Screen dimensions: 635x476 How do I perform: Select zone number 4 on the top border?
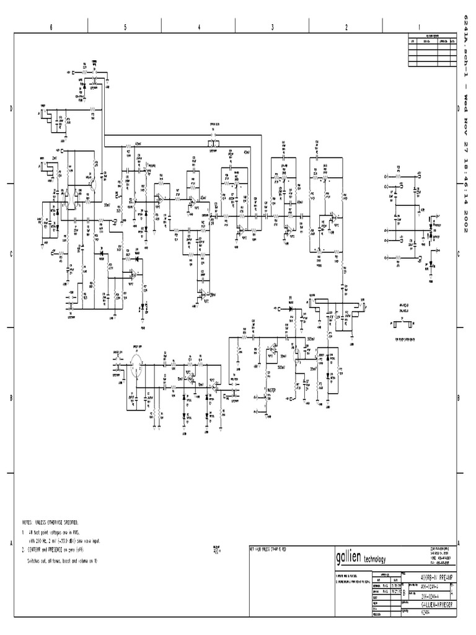pos(199,26)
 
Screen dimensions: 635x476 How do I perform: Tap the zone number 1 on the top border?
pos(420,26)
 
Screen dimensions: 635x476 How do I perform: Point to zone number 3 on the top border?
pos(272,26)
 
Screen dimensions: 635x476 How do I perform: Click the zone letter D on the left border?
pos(11,109)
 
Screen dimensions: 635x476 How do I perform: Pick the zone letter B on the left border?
pos(11,399)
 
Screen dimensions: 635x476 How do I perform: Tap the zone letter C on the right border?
pos(457,254)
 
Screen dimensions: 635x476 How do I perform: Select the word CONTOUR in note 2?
pos(37,550)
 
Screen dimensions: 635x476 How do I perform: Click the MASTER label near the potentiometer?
pos(273,391)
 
